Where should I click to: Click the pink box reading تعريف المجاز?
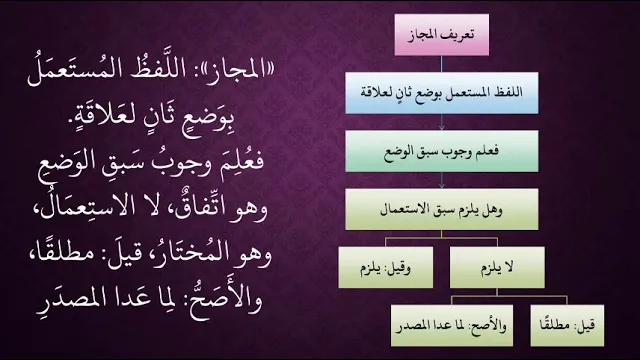point(442,35)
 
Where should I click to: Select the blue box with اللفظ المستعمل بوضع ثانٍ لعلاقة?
point(442,93)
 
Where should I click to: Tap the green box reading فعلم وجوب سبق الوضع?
point(442,151)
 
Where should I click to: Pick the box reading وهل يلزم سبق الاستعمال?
point(442,209)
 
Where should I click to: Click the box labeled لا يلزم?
point(497,267)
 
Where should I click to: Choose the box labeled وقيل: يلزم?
point(386,267)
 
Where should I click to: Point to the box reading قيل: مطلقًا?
point(567,325)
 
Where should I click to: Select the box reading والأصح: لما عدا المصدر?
point(452,325)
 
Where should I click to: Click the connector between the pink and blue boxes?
point(442,64)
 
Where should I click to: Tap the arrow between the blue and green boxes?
point(442,122)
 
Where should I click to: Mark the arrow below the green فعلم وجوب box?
point(442,180)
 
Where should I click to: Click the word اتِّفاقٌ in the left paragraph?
point(198,208)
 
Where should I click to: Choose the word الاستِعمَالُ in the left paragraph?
point(77,207)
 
